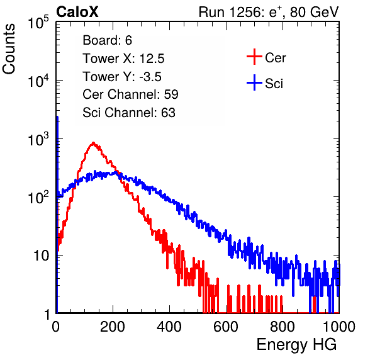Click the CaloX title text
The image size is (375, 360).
[x=77, y=12]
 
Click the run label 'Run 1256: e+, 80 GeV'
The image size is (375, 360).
[x=269, y=12]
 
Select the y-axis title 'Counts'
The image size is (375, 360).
[x=9, y=49]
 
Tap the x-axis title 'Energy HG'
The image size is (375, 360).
[x=296, y=345]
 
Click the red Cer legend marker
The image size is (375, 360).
[x=254, y=57]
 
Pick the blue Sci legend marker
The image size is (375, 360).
[x=254, y=83]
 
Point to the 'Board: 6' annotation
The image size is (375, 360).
[x=107, y=40]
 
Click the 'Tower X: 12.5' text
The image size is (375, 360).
[x=123, y=59]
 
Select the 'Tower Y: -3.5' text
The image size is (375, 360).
[x=122, y=77]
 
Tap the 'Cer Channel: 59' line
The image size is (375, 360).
[x=130, y=94]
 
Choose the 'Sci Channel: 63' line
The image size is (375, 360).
[x=129, y=113]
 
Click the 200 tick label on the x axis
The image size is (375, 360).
[x=113, y=327]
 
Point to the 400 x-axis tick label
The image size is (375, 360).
[x=169, y=327]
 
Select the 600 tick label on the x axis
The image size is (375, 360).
[x=226, y=327]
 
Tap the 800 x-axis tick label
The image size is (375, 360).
[x=283, y=327]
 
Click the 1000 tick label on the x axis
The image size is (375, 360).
[x=339, y=327]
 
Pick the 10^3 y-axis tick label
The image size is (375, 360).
[x=38, y=139]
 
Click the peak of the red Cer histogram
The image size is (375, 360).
[x=93, y=143]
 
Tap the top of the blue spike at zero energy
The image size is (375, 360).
[x=57, y=117]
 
